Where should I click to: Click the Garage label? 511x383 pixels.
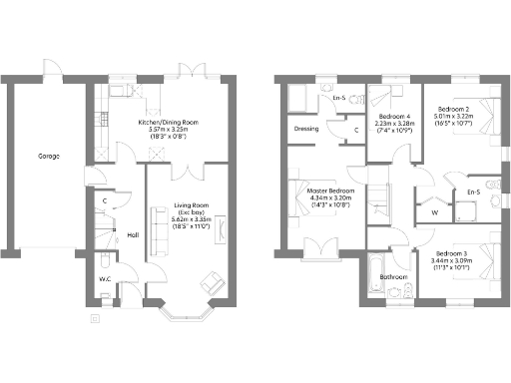click(x=47, y=157)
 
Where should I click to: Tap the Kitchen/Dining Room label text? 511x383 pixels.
click(x=168, y=122)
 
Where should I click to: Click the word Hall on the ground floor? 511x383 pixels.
click(x=133, y=235)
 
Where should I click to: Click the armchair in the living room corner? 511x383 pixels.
click(x=213, y=283)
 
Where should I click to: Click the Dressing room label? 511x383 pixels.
click(x=306, y=129)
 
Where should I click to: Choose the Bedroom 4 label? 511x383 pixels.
click(x=394, y=117)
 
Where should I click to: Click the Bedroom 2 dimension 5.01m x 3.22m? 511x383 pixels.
click(x=460, y=116)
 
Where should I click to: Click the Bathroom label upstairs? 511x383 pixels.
click(x=392, y=276)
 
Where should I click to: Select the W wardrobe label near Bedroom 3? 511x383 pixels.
click(x=433, y=210)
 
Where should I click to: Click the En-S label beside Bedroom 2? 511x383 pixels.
click(x=473, y=191)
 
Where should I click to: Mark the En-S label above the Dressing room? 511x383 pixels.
click(x=338, y=97)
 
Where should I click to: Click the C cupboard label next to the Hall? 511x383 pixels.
click(x=105, y=200)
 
